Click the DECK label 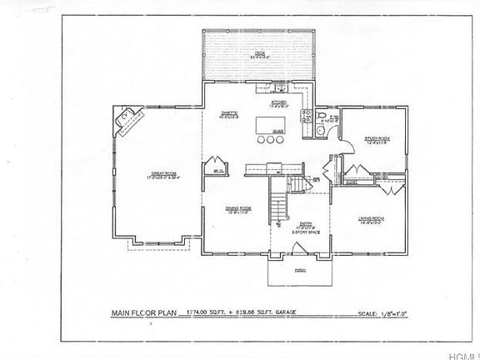[x=259, y=54]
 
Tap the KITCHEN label [x=277, y=102]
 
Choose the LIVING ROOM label [x=370, y=219]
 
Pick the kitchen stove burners [x=307, y=114]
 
